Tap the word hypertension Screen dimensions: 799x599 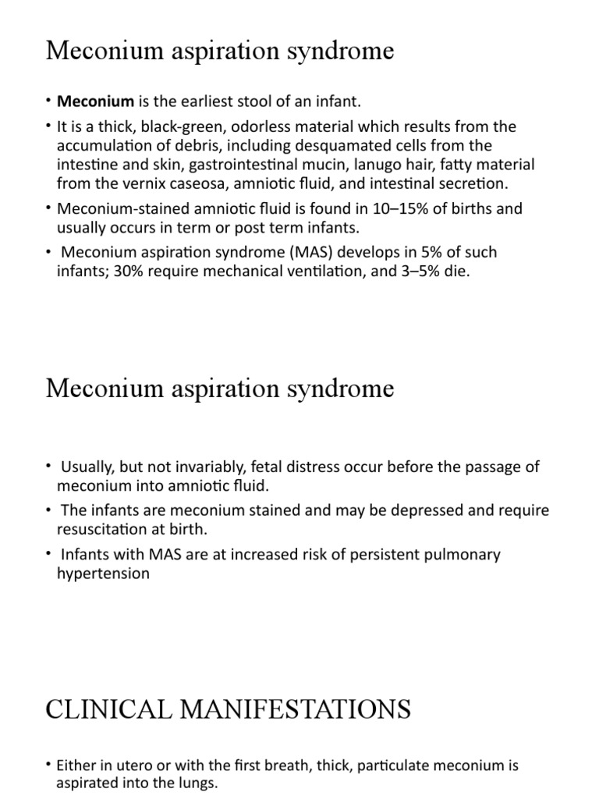click(103, 573)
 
